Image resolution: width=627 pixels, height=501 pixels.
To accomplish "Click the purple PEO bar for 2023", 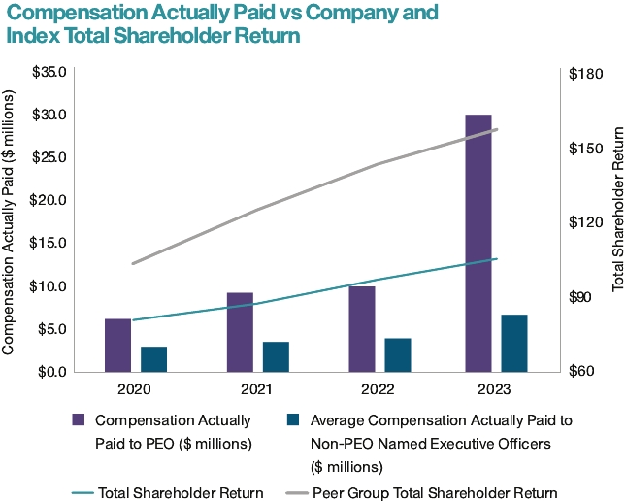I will click(478, 243).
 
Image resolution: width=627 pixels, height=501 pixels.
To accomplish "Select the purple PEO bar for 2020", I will click(117, 345).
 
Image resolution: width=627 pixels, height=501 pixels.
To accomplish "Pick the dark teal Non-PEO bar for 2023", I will click(514, 343).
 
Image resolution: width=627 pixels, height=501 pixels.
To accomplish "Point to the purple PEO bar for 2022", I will click(361, 328).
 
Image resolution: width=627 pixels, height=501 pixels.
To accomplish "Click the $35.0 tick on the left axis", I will click(49, 72).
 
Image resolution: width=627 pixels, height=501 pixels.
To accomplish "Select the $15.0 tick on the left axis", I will click(49, 243).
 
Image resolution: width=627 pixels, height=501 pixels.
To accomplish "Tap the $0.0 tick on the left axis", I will click(52, 371).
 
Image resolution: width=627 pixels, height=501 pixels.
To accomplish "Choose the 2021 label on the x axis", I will click(257, 388).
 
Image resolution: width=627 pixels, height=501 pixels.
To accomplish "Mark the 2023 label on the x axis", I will click(496, 388).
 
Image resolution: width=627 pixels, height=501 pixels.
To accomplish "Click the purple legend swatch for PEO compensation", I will click(79, 420).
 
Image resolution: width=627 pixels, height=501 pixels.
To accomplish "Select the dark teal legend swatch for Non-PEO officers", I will click(293, 420).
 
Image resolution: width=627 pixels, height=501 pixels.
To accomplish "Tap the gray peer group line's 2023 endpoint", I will click(497, 129).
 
